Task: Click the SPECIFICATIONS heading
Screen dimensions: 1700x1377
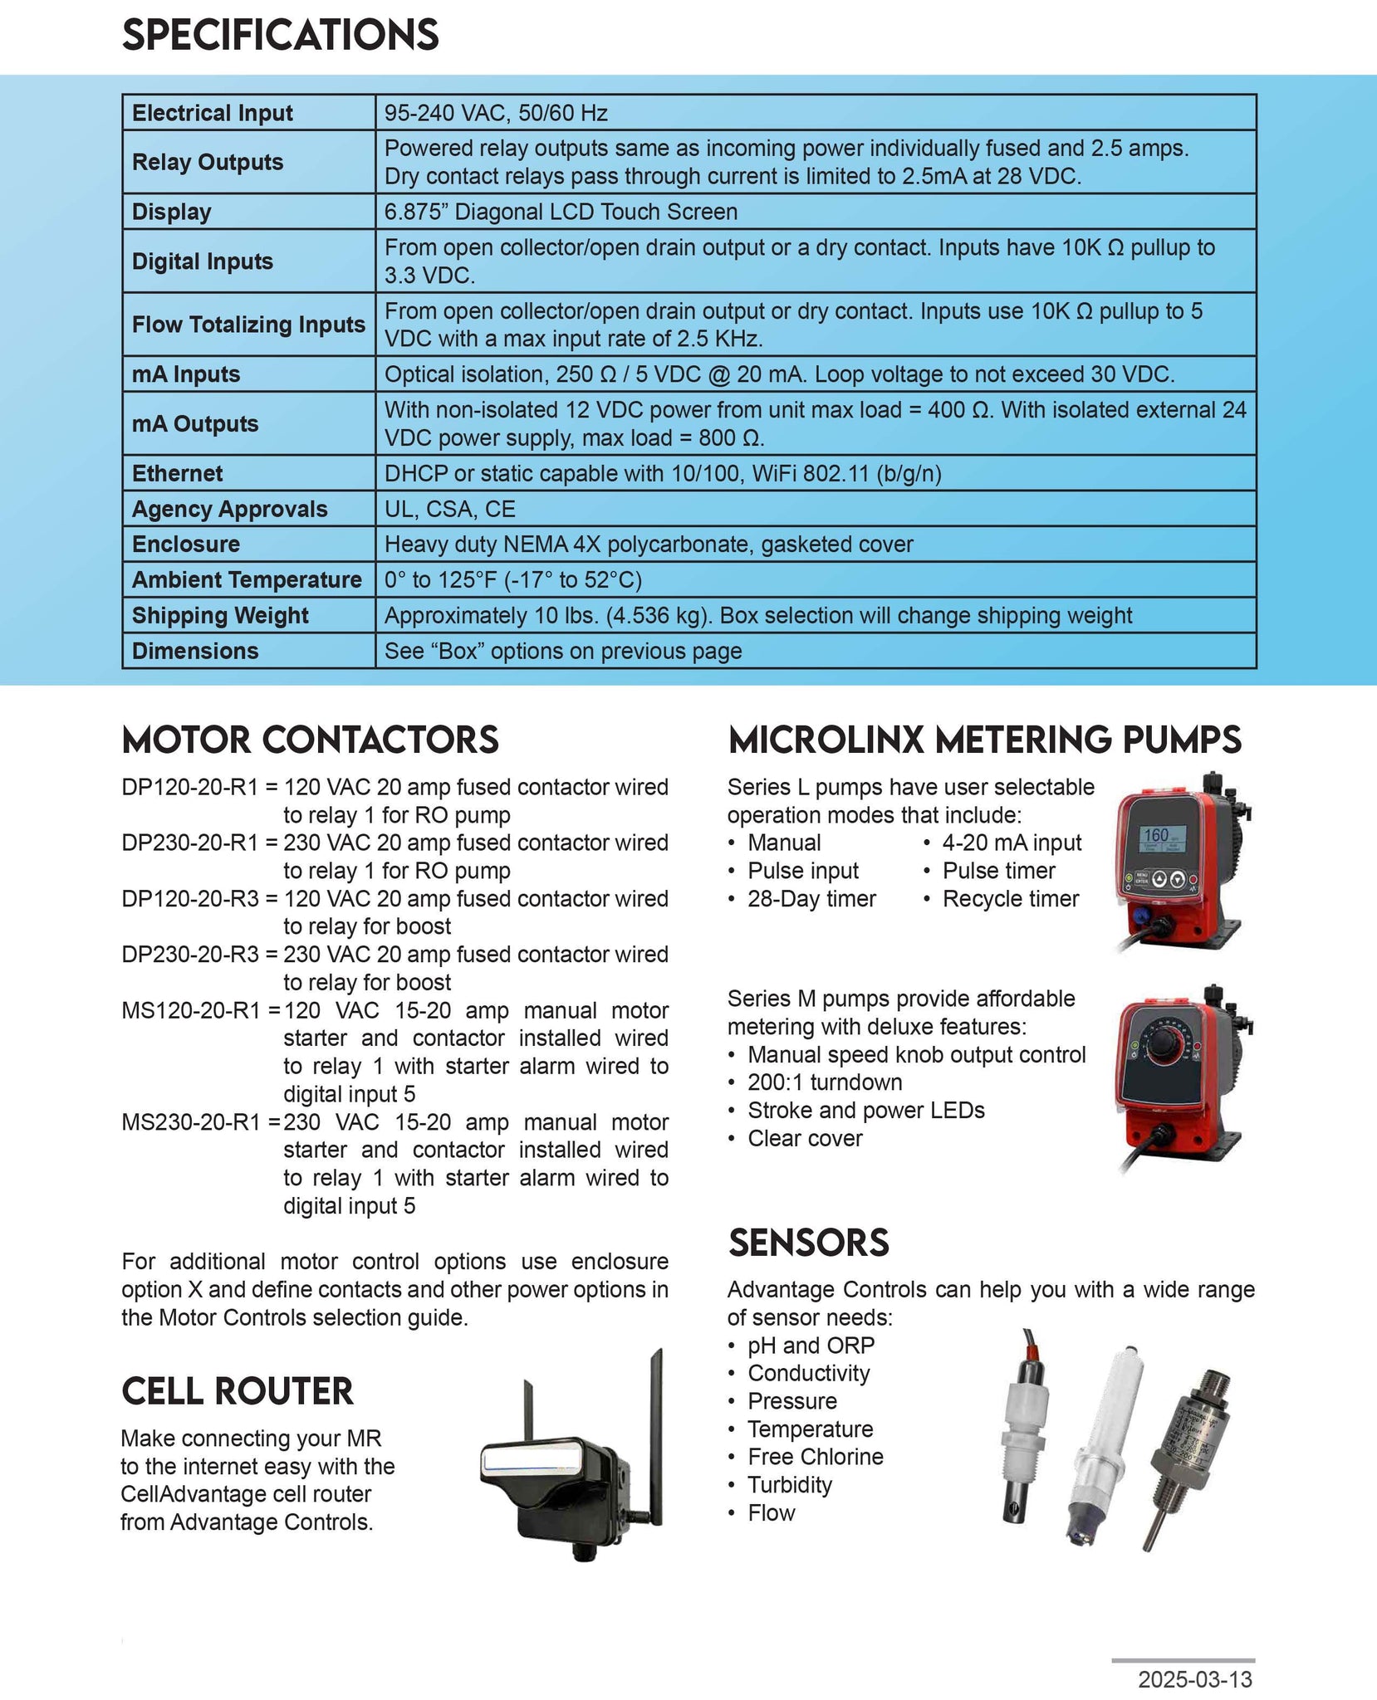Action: click(280, 35)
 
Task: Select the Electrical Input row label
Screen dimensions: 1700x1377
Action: click(212, 113)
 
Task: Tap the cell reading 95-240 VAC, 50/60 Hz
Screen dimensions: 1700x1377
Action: click(496, 113)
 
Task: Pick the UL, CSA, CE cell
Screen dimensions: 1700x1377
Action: click(449, 509)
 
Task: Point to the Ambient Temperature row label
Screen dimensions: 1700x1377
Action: click(247, 579)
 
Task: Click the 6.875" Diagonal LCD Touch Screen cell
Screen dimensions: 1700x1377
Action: click(561, 212)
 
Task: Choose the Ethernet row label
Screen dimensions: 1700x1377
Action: click(177, 473)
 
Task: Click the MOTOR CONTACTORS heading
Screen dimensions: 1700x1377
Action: click(310, 740)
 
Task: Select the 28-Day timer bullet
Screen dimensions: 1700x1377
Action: click(811, 899)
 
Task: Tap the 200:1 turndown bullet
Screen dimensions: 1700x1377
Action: click(824, 1082)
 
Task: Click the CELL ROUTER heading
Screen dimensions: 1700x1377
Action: click(238, 1391)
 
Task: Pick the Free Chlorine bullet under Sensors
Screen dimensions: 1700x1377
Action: click(815, 1457)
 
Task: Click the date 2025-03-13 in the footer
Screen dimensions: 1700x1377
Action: click(1194, 1679)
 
